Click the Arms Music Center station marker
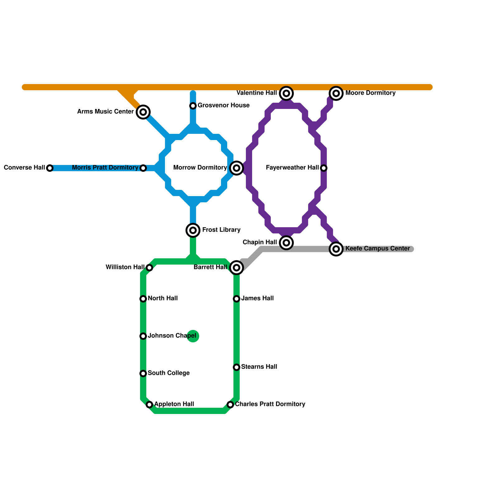pos(143,112)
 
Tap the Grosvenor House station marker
pos(193,106)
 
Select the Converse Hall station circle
pos(50,168)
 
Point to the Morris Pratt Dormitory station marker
pos(143,168)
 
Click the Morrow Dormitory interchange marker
pos(237,168)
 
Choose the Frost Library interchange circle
pos(193,230)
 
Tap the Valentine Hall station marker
pos(286,93)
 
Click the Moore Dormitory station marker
pos(336,93)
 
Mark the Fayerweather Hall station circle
pos(324,168)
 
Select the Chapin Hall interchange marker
pos(286,242)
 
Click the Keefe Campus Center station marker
pos(336,249)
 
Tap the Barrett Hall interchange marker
pos(237,268)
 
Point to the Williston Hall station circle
pos(149,268)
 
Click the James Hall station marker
pos(237,299)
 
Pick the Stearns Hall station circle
pos(237,367)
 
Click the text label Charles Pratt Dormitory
pos(270,404)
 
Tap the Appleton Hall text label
pos(174,404)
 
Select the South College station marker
pos(143,374)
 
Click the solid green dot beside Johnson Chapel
pos(193,336)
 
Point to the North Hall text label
pos(162,298)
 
